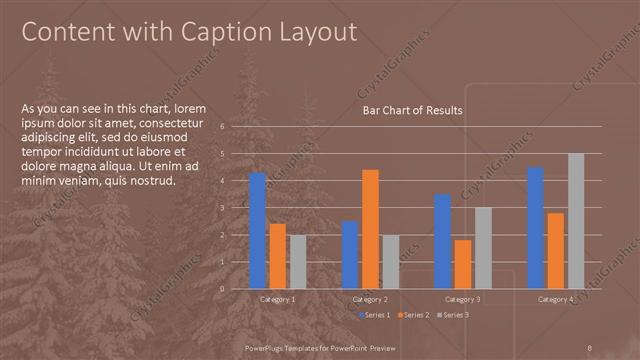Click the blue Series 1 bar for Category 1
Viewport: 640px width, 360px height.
(x=257, y=230)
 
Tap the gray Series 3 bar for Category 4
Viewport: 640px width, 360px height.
(x=575, y=221)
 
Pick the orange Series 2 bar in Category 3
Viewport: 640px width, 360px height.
(x=462, y=264)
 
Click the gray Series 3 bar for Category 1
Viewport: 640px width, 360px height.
(x=298, y=261)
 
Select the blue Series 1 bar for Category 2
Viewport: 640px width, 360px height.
(x=350, y=254)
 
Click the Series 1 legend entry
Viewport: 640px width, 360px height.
(x=373, y=315)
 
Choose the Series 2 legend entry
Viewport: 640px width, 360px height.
(x=412, y=315)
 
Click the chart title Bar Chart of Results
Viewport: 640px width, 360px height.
(x=412, y=111)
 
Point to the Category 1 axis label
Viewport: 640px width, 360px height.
(x=277, y=300)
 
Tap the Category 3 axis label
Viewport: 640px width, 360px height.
(x=462, y=300)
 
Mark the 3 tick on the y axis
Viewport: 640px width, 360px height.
(x=236, y=208)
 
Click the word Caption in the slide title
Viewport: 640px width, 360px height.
(x=216, y=32)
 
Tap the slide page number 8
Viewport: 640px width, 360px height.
(x=590, y=346)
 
